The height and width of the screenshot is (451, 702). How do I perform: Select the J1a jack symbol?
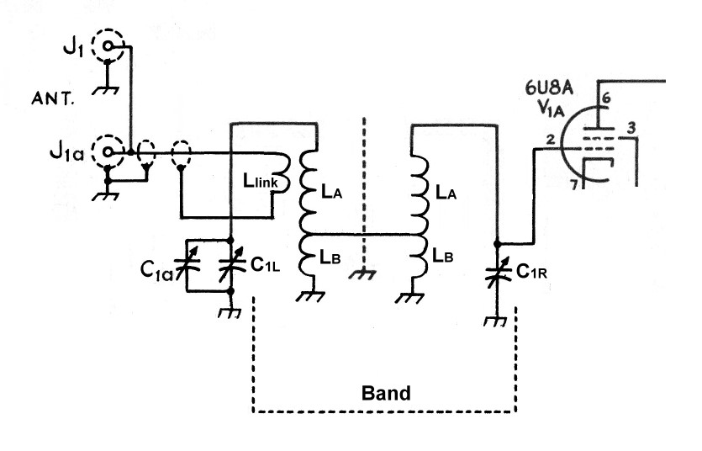(108, 152)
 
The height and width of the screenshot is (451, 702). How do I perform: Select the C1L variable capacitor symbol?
(230, 265)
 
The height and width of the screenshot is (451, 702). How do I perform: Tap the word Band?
(386, 393)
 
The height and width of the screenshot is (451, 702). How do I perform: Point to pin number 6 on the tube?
(606, 98)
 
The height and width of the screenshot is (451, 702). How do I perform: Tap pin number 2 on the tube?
(548, 141)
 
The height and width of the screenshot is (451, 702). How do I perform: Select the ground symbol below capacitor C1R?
(497, 321)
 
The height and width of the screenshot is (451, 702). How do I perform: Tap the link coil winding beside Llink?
(283, 172)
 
